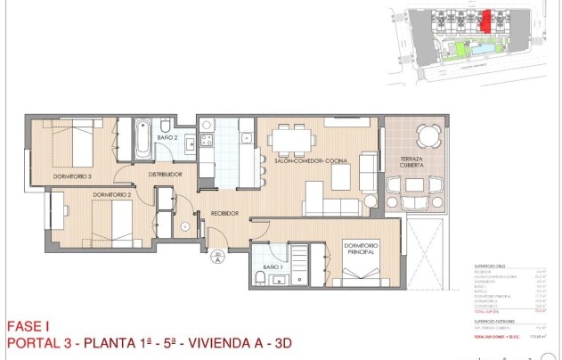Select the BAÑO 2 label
[168, 138]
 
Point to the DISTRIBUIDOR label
[166, 174]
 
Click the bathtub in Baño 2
[143, 139]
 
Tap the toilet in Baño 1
[260, 278]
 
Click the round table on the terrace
[429, 136]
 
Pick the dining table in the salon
[292, 139]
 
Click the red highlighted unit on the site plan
[485, 19]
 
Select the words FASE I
[25, 327]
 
